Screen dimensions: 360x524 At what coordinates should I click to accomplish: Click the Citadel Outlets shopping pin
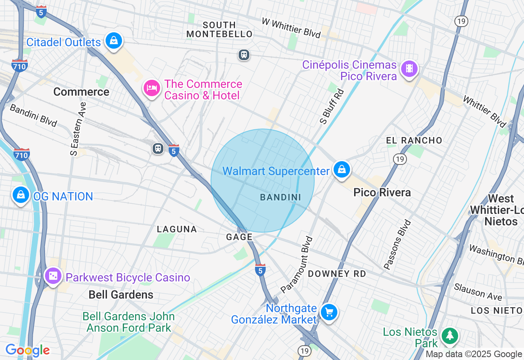coord(114,41)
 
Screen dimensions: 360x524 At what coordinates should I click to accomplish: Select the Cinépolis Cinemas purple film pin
coord(409,69)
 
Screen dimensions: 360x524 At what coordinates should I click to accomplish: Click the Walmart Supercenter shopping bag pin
coord(341,169)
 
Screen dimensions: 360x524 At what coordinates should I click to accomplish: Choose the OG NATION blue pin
coord(20,195)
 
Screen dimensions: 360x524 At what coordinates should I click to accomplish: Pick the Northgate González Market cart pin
coord(329,313)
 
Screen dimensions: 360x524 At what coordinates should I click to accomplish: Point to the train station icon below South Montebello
coord(244,54)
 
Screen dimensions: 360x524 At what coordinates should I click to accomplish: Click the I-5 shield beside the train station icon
coord(174,150)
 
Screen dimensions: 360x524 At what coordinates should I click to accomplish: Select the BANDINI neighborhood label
coord(280,197)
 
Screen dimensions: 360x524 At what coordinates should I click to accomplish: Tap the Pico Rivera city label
coord(382,192)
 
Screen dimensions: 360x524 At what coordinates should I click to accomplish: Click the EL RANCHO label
coord(414,140)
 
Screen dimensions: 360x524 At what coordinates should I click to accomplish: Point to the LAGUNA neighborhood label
coord(177,229)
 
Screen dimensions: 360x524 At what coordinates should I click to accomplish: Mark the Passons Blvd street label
coord(397,245)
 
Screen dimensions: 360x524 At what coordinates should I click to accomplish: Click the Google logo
coord(27,350)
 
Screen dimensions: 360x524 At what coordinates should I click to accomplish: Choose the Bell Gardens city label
coord(121,295)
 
